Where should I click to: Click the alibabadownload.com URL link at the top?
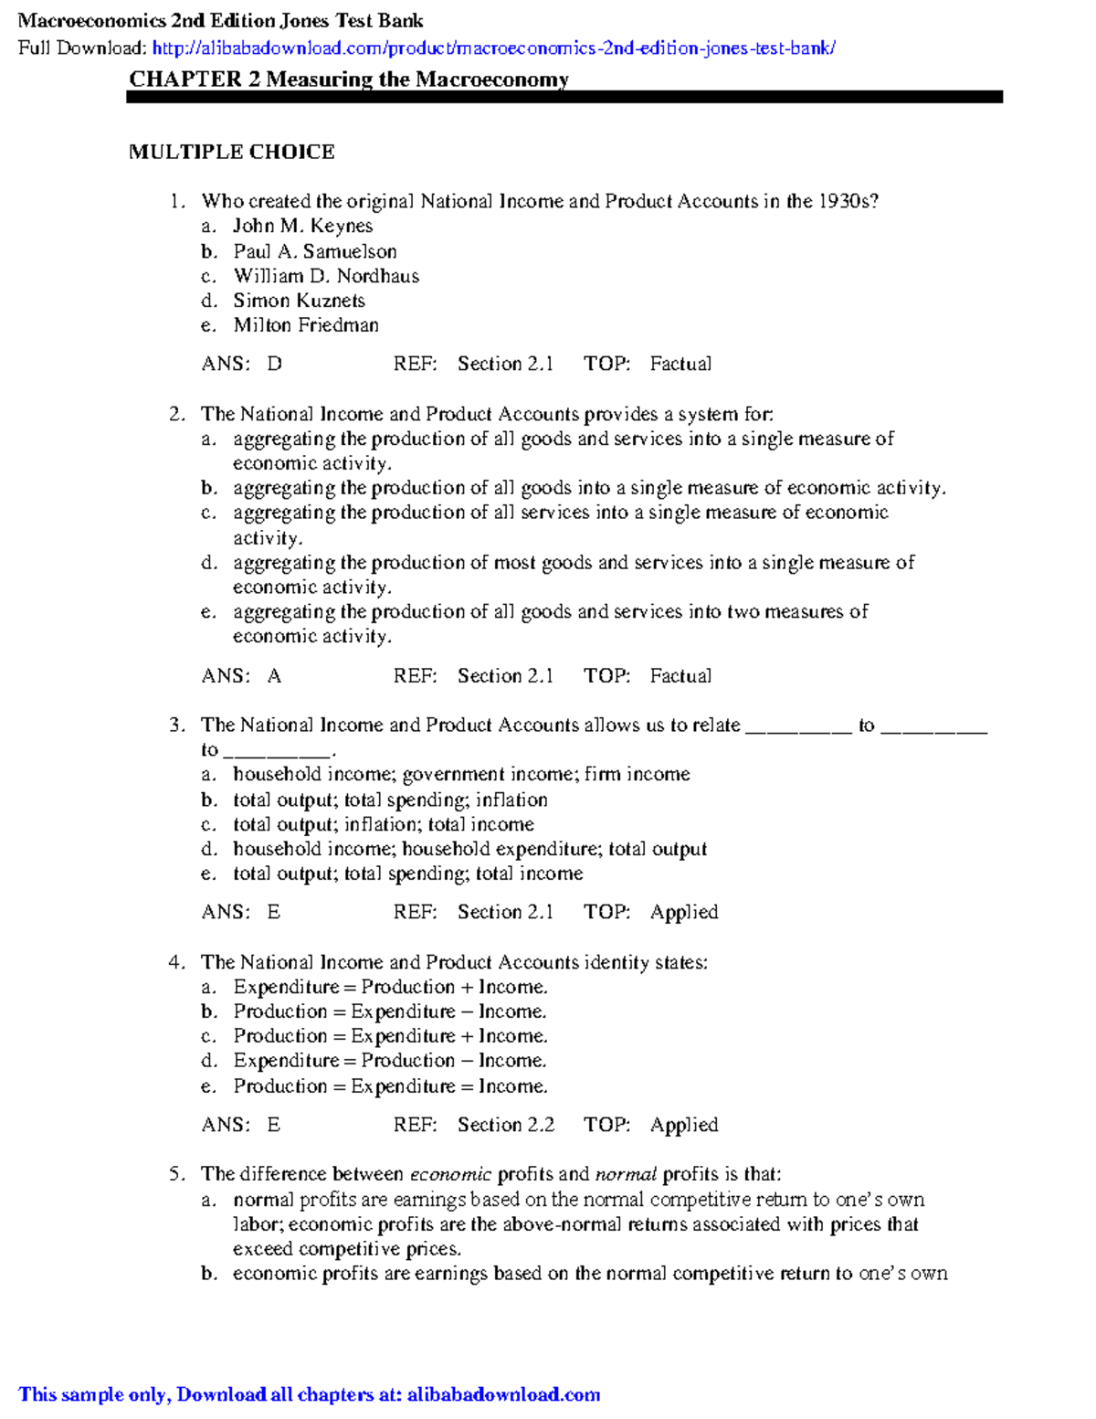(493, 48)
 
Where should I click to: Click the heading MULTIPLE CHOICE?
(232, 152)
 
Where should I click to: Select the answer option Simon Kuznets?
(299, 301)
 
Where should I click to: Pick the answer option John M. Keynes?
(302, 226)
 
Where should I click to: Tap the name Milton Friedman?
(306, 325)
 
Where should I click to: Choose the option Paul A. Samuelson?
(315, 251)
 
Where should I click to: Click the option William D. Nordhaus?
(326, 276)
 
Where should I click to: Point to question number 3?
(176, 725)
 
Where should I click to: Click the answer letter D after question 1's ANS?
(274, 364)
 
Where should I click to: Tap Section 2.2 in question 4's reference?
(505, 1125)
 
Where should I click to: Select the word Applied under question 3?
(684, 912)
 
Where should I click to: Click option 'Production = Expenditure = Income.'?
(390, 1086)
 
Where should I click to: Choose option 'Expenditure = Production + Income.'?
(390, 987)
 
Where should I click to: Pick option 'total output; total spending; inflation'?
(390, 800)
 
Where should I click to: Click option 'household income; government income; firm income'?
(461, 775)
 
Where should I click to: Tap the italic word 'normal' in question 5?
(626, 1175)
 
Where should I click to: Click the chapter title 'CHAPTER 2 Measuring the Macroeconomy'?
(349, 79)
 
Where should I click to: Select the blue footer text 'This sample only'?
(93, 1394)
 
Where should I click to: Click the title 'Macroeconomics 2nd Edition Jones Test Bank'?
(221, 21)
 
